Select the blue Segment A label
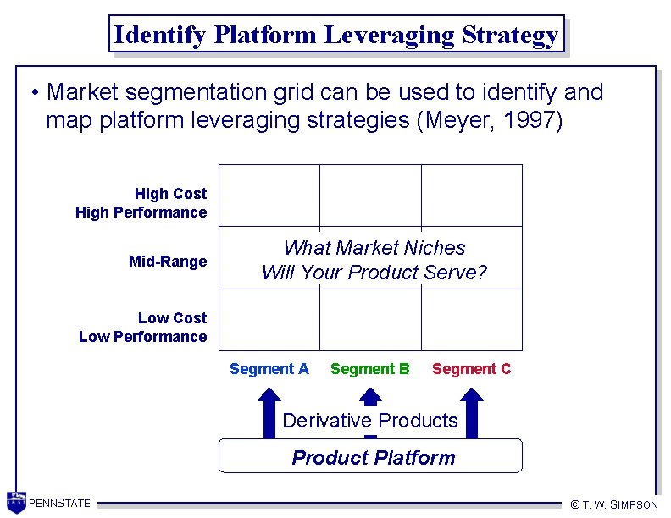tap(269, 369)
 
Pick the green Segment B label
tap(370, 369)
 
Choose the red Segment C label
tap(472, 369)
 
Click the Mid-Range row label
tap(168, 262)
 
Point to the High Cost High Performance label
tap(141, 203)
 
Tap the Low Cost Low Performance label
tap(143, 328)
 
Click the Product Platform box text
tap(373, 458)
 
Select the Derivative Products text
tap(370, 421)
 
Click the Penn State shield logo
tap(16, 501)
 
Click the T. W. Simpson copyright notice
tap(614, 504)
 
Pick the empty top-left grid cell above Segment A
tap(269, 196)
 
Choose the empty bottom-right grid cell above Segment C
tap(472, 319)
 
